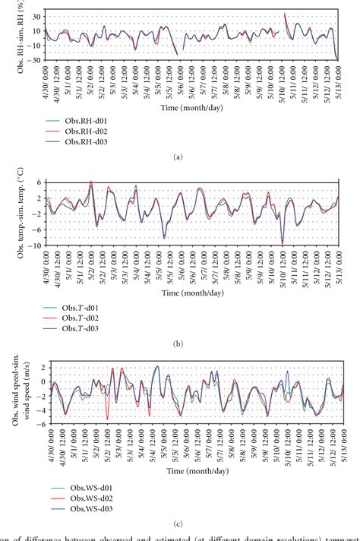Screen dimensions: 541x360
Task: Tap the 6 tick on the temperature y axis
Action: [38, 182]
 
